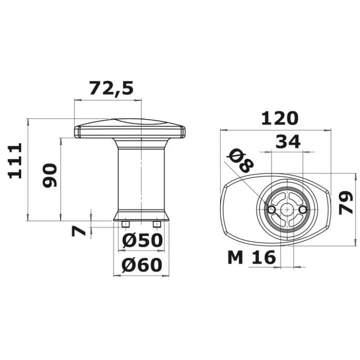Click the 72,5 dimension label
[x=111, y=88]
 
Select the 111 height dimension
[x=15, y=161]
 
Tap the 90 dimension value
[x=50, y=175]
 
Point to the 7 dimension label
[x=79, y=231]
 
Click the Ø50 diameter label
[x=142, y=241]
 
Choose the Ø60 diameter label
[x=142, y=266]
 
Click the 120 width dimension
[x=279, y=118]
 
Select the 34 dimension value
[x=288, y=142]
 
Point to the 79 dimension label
[x=346, y=202]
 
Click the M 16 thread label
[x=252, y=258]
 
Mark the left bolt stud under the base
[x=126, y=224]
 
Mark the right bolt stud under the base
[x=157, y=224]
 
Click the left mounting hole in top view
[x=271, y=210]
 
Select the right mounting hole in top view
[x=303, y=210]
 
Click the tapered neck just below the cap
[x=141, y=144]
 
